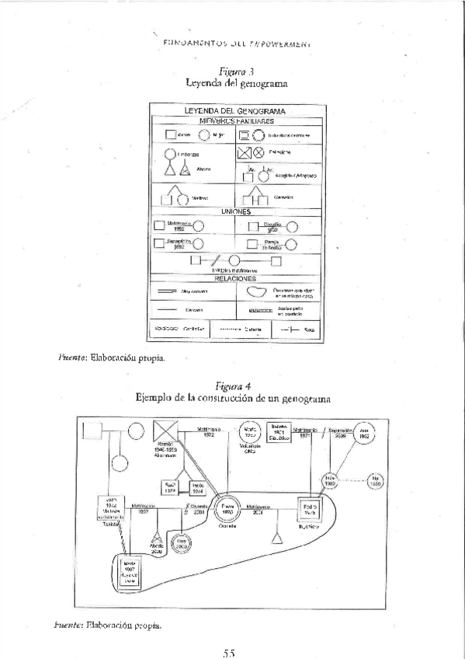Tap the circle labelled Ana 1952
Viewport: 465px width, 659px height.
tap(364, 433)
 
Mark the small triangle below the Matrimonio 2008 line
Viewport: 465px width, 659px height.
tap(275, 535)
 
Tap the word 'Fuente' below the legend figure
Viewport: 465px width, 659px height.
tap(71, 359)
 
